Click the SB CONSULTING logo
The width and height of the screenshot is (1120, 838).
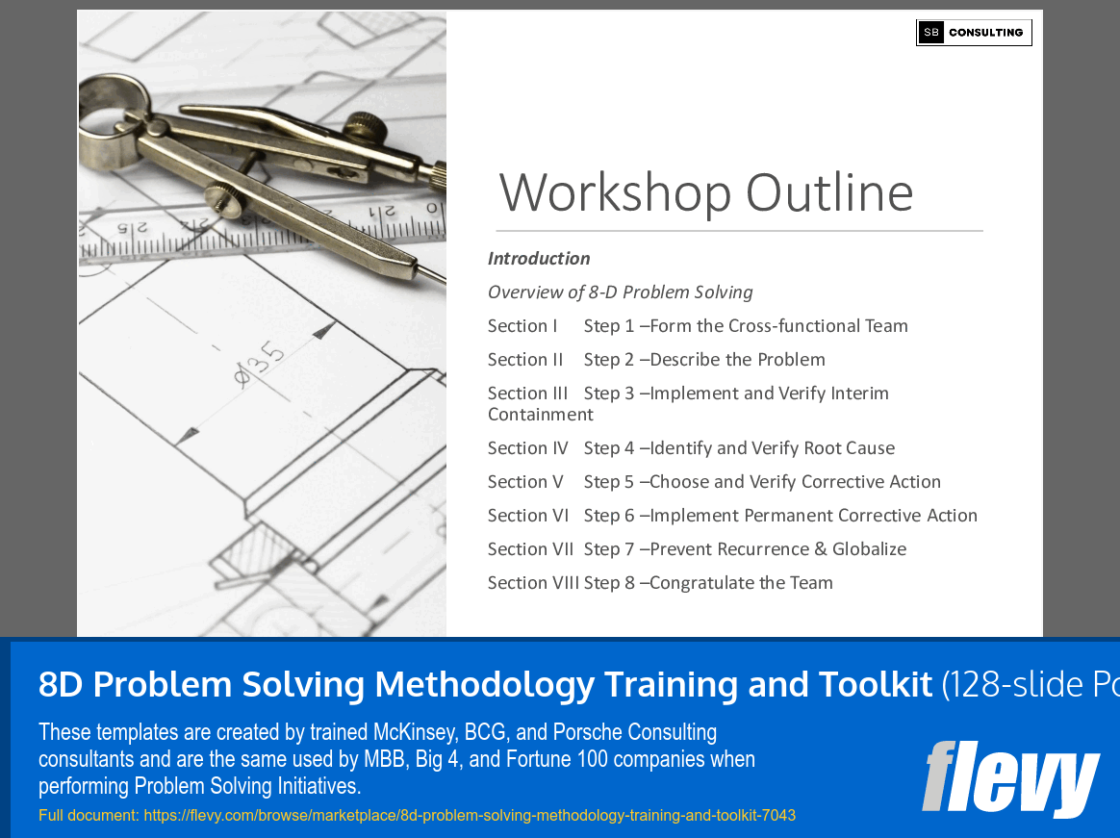point(974,33)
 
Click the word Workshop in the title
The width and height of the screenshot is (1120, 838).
point(616,192)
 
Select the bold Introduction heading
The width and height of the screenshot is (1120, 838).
point(539,259)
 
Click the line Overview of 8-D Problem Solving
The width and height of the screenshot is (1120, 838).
point(620,292)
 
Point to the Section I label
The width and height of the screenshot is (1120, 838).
point(522,326)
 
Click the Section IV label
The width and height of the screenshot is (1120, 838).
point(528,448)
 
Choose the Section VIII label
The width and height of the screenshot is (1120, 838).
point(533,583)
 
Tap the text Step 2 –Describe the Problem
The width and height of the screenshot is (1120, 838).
point(704,360)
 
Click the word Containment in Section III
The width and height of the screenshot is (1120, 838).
point(541,415)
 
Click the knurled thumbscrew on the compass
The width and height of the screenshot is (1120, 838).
point(225,197)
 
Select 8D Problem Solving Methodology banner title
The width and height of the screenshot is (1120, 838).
point(485,684)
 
